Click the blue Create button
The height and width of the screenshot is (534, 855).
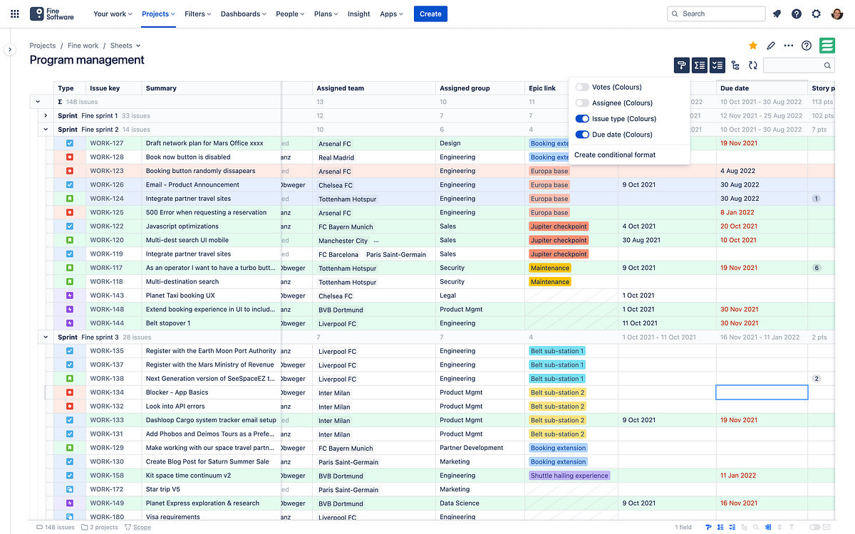430,14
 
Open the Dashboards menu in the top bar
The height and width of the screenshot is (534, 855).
243,14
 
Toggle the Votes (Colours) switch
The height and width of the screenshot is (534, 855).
582,87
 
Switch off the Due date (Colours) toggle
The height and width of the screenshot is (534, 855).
582,135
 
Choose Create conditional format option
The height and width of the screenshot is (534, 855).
615,155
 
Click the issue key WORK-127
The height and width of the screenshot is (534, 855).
106,143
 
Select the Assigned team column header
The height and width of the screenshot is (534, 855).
341,88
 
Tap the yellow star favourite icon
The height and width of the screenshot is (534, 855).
753,46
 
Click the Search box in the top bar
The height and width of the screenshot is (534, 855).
716,14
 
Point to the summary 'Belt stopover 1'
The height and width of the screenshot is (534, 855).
168,323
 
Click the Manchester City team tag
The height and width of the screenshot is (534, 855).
343,241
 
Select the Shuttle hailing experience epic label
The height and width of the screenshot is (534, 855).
569,476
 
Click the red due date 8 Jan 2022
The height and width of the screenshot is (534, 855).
737,212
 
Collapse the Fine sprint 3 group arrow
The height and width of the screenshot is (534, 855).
46,337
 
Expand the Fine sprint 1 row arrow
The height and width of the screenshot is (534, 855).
46,115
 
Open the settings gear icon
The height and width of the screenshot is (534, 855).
816,14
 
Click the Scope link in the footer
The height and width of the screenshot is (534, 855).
141,528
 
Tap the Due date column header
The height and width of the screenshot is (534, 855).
734,88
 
